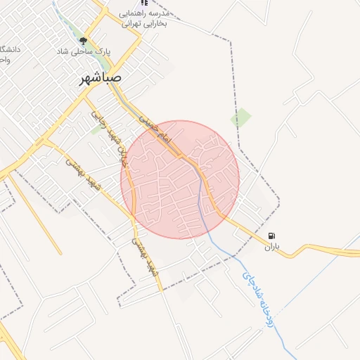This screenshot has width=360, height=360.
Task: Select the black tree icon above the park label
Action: pyautogui.click(x=83, y=41)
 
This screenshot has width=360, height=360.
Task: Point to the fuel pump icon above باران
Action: pyautogui.click(x=272, y=236)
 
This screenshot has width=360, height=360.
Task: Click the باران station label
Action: pyautogui.click(x=272, y=247)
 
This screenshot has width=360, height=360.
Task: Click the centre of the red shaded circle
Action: pyautogui.click(x=180, y=179)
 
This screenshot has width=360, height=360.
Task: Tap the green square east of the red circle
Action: pyautogui.click(x=241, y=117)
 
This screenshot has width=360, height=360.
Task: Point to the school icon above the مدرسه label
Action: pyautogui.click(x=145, y=2)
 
